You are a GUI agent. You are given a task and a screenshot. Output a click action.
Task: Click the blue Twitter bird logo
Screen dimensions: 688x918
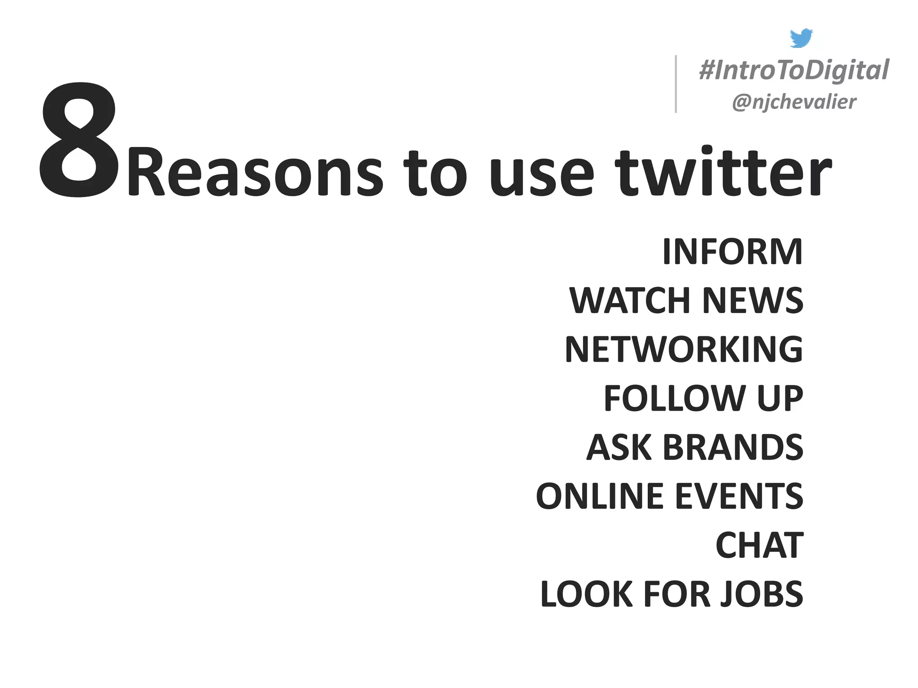pos(801,38)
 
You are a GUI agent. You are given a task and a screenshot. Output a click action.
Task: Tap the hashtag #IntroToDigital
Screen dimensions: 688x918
pos(794,70)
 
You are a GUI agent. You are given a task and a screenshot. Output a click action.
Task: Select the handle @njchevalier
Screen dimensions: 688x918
pos(794,102)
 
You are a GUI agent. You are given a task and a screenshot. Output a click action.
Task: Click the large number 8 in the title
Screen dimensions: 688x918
pos(79,140)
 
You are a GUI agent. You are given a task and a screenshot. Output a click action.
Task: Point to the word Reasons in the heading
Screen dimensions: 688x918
pos(255,174)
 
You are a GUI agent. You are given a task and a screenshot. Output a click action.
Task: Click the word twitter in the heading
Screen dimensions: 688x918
pos(723,172)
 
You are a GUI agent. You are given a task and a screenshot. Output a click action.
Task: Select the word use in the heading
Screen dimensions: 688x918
pos(541,175)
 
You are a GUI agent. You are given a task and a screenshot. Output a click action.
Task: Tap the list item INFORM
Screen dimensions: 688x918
pos(732,252)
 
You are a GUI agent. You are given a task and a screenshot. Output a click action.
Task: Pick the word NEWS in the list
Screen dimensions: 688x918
pos(753,301)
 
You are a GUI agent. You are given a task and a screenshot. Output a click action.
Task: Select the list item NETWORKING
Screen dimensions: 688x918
pos(684,349)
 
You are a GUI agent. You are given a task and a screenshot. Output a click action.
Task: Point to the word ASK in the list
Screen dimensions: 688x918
pos(619,447)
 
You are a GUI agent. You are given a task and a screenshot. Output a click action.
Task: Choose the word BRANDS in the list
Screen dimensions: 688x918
pos(733,447)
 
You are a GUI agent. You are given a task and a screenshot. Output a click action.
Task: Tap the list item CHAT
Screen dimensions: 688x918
pos(759,545)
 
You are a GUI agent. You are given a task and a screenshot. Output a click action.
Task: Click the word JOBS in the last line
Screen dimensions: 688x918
pos(762,594)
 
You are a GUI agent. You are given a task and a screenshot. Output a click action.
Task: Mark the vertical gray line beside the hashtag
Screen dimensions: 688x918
pos(676,84)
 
